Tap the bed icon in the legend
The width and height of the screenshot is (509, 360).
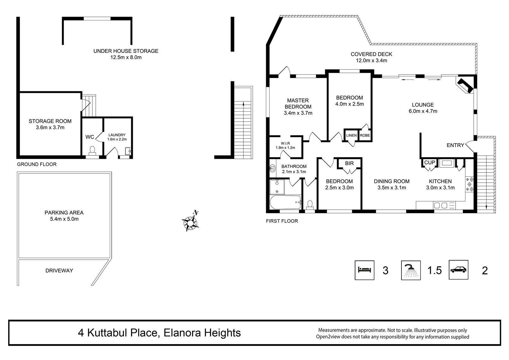coord(365,270)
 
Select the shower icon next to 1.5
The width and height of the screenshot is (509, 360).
coord(411,270)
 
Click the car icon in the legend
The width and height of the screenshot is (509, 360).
coord(458,270)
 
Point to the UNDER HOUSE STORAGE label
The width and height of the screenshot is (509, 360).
coord(126,51)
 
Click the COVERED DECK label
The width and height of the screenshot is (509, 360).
coord(371,54)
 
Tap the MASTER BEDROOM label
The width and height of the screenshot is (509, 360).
coord(298,103)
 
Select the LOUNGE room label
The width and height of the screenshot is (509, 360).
coord(423,105)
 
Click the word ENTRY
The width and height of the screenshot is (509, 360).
coord(455,145)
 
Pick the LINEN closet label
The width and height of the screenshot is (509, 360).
coord(351,135)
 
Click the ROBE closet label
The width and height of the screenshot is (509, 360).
coord(365,135)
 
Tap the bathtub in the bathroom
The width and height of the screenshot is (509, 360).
coord(285,202)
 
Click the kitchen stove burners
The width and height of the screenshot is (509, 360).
coord(470,184)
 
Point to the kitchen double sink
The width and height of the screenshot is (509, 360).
coord(441,206)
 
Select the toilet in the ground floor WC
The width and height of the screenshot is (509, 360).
coord(92,151)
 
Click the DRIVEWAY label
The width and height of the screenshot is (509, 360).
coord(59,271)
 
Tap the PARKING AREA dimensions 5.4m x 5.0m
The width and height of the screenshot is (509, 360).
coord(64,219)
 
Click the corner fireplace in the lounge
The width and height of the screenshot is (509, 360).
coord(465,85)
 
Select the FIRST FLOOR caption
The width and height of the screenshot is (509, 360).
coord(282,221)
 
